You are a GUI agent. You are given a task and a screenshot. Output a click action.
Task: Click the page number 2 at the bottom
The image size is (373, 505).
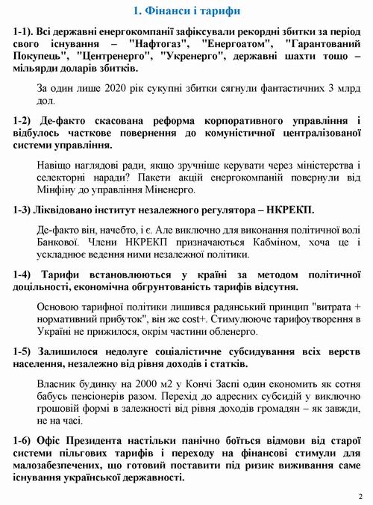[x=360, y=495]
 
